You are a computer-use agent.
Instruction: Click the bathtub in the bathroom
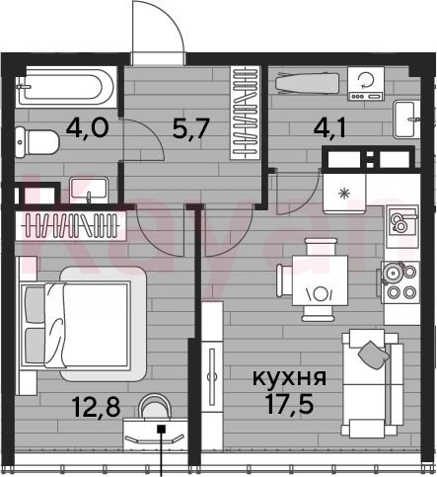click(x=66, y=86)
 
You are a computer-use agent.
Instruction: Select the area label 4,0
click(x=87, y=128)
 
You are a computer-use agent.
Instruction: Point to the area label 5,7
click(x=190, y=128)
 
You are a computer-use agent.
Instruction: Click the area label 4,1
click(x=329, y=128)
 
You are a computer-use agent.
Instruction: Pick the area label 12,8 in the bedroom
click(x=97, y=407)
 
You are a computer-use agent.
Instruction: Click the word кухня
click(x=289, y=377)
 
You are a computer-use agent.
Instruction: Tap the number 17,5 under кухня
click(x=289, y=404)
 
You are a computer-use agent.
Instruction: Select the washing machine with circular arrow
click(x=366, y=83)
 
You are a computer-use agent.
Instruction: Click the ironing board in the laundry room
click(x=307, y=83)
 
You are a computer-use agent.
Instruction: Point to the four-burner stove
click(x=401, y=282)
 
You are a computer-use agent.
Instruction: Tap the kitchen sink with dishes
click(x=402, y=221)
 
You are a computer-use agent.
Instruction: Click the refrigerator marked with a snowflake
click(x=344, y=194)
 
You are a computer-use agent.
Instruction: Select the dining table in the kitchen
click(x=320, y=280)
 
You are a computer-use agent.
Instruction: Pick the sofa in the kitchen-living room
click(x=372, y=383)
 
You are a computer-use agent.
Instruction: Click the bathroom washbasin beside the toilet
click(x=89, y=191)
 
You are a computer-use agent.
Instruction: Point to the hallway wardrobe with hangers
click(x=245, y=113)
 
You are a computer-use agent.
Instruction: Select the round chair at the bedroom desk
click(x=155, y=407)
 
